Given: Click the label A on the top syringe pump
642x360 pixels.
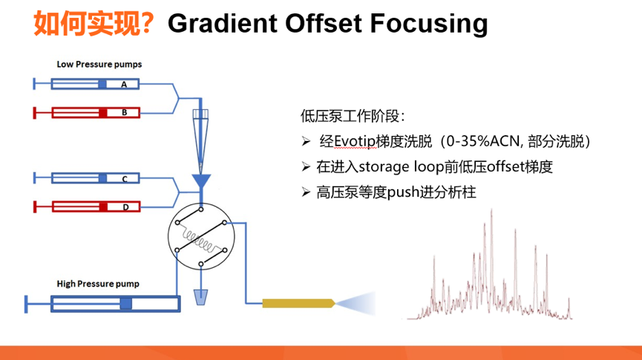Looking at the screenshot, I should [x=125, y=85].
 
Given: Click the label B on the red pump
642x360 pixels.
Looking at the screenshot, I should [x=125, y=113].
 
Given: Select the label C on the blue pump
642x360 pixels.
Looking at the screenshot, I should [x=125, y=179].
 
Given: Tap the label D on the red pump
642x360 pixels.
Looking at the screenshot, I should [x=125, y=207].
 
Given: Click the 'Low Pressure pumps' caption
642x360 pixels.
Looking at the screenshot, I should [x=99, y=64].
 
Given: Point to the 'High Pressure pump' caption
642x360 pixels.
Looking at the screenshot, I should [x=98, y=284].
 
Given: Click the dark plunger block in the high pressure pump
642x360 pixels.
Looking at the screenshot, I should [x=125, y=303].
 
